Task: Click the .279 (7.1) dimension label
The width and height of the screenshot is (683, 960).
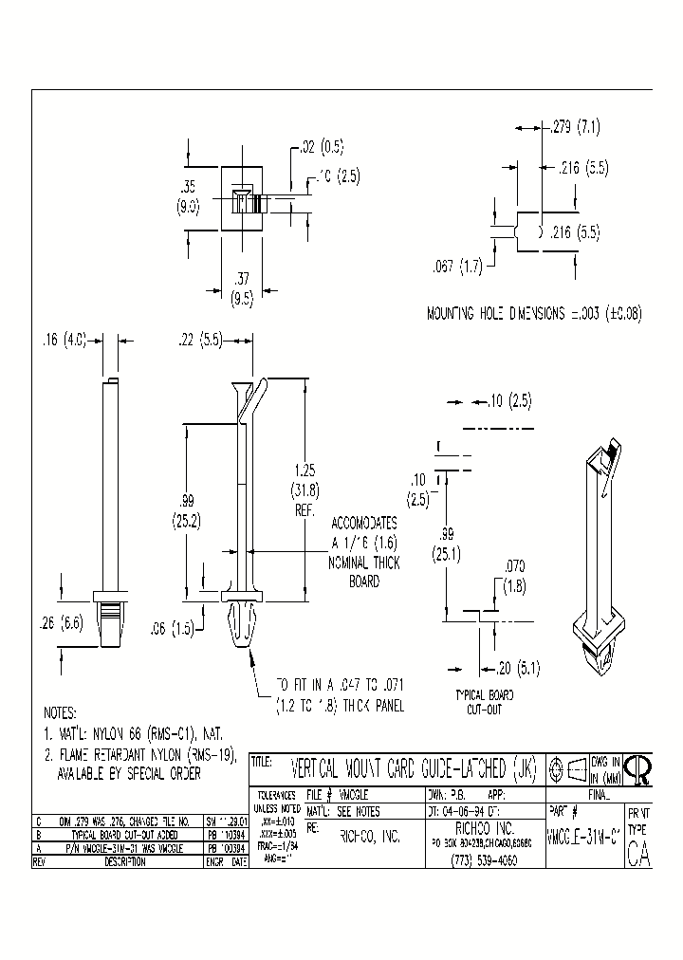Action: pos(576,126)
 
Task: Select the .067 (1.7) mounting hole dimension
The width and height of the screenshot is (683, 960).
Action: pos(457,268)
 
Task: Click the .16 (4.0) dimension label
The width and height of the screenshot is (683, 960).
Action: pos(65,339)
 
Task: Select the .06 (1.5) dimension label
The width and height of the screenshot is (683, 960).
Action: pos(175,627)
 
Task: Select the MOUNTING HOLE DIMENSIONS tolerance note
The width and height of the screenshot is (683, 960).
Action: pos(534,314)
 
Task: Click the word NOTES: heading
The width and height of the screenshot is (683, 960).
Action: pos(68,712)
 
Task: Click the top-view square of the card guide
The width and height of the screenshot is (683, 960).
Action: pos(241,203)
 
